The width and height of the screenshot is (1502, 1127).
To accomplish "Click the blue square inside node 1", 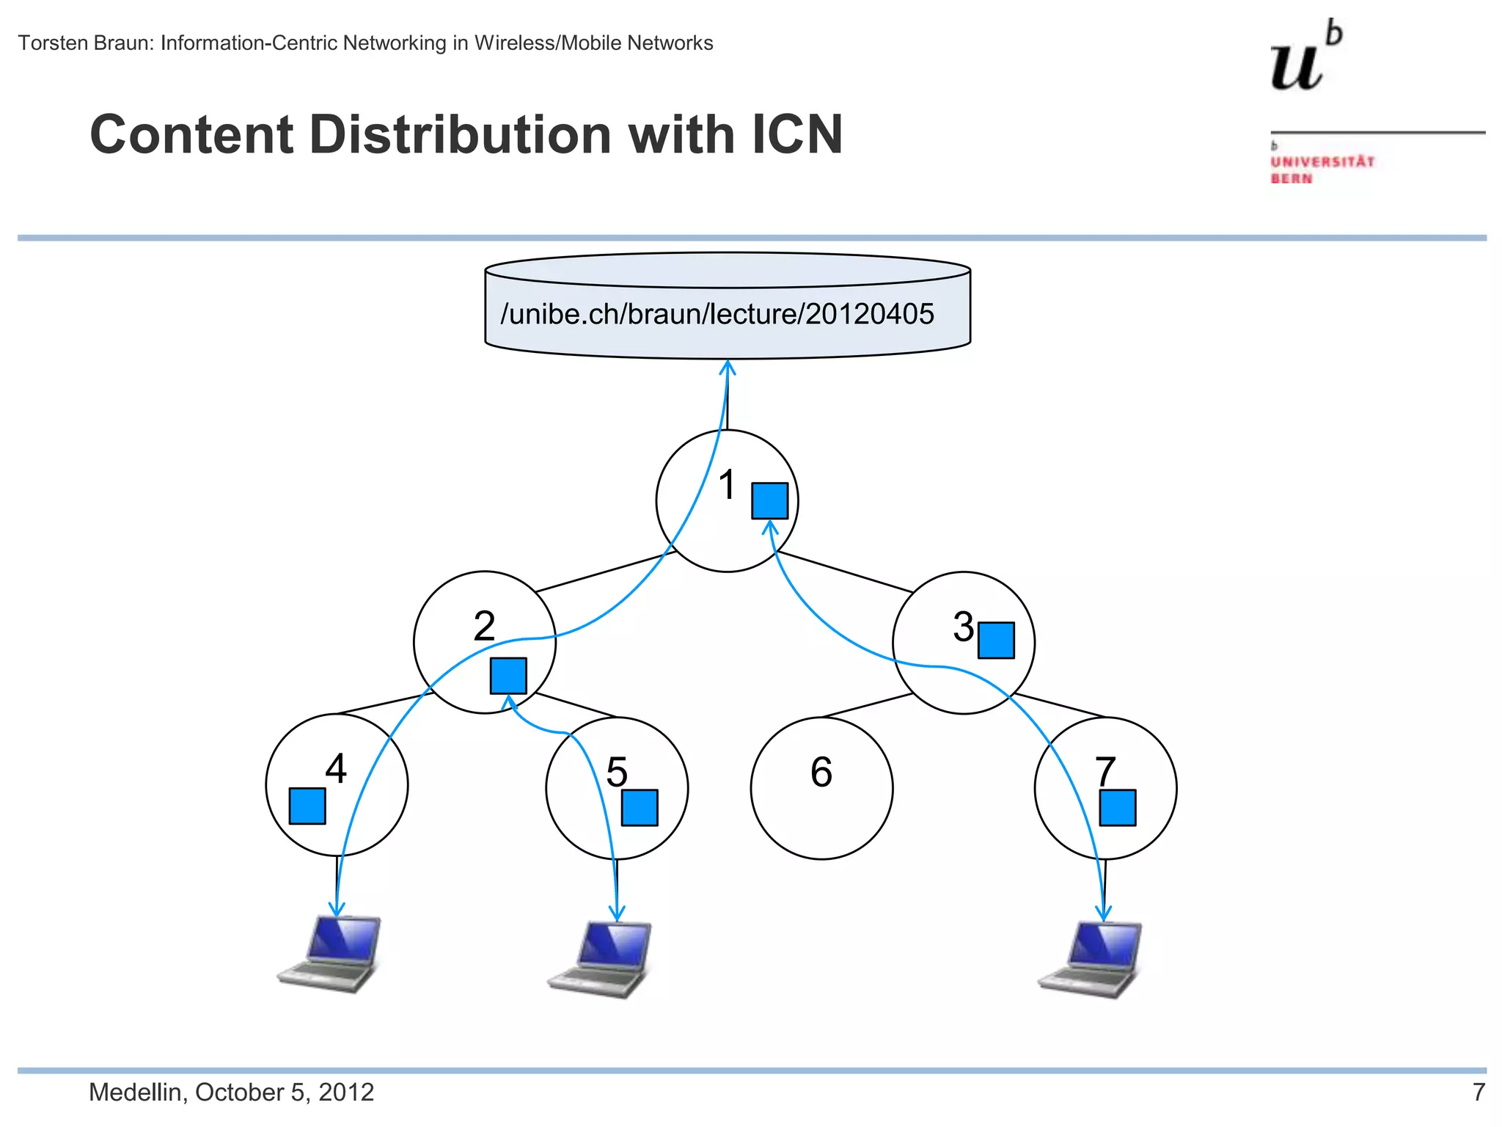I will [x=769, y=500].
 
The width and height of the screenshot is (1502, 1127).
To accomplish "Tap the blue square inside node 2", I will [x=508, y=675].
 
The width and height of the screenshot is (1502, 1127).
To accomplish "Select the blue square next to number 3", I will [x=996, y=640].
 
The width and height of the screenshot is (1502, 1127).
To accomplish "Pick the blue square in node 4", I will [x=307, y=806].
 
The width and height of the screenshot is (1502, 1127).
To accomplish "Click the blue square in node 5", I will [x=640, y=807].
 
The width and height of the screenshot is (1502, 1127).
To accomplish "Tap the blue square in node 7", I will [x=1117, y=807].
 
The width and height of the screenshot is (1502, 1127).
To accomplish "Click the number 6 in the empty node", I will [x=821, y=772].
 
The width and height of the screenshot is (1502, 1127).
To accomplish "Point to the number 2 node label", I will [x=484, y=626].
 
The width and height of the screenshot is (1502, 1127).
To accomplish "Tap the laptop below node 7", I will [x=1091, y=958].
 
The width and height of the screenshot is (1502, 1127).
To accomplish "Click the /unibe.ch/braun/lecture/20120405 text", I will [x=717, y=314].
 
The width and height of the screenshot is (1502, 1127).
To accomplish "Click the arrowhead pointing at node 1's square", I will [x=770, y=525].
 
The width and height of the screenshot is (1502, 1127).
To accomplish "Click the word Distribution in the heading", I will [x=461, y=135].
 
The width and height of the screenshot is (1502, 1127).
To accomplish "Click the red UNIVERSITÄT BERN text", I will [x=1322, y=169].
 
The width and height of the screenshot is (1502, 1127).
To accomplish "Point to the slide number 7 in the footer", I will [x=1479, y=1092].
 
